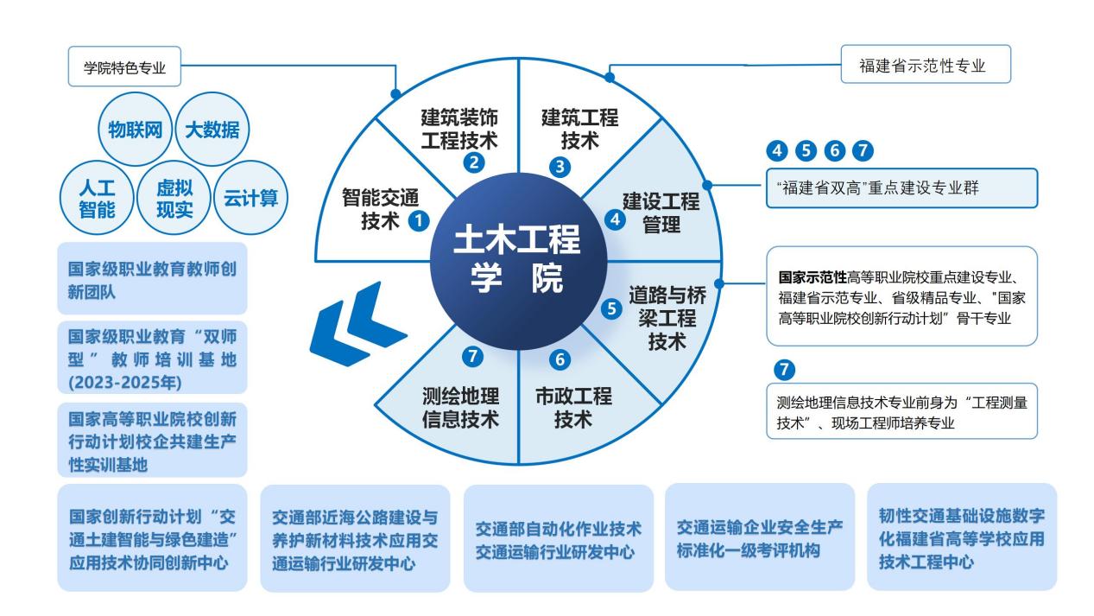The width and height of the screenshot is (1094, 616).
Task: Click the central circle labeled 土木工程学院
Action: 517,260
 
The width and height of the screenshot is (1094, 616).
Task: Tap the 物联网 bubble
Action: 136,130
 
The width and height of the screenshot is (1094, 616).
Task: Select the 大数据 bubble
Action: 207,130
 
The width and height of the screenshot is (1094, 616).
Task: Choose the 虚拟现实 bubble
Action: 174,199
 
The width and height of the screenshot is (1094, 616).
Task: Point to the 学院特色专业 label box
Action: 125,67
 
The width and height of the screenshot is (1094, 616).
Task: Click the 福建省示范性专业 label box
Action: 925,65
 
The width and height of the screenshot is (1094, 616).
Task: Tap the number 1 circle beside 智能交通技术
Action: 418,220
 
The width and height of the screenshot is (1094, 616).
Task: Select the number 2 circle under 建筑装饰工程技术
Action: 472,161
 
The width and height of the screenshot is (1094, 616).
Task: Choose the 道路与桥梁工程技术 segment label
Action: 666,317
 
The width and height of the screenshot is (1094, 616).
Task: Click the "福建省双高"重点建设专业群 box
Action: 901,188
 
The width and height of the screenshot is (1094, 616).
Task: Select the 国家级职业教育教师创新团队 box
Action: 152,279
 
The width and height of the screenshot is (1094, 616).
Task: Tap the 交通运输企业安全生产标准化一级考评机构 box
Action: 760,537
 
